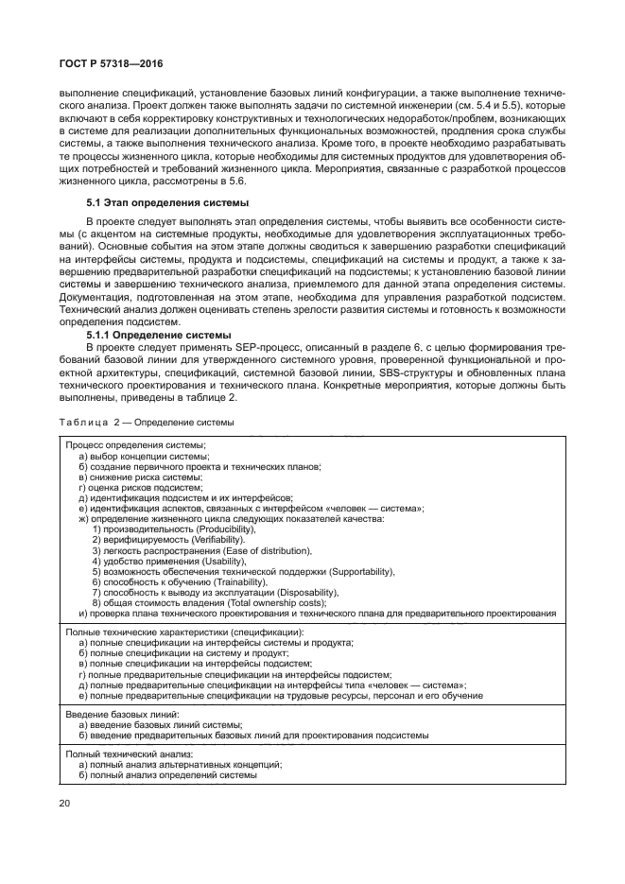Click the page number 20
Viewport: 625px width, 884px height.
[65, 803]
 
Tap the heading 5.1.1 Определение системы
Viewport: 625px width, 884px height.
[158, 335]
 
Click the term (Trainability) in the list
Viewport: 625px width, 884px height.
[227, 582]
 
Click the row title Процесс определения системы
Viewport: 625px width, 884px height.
[136, 444]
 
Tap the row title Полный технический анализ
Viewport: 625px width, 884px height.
[129, 754]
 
